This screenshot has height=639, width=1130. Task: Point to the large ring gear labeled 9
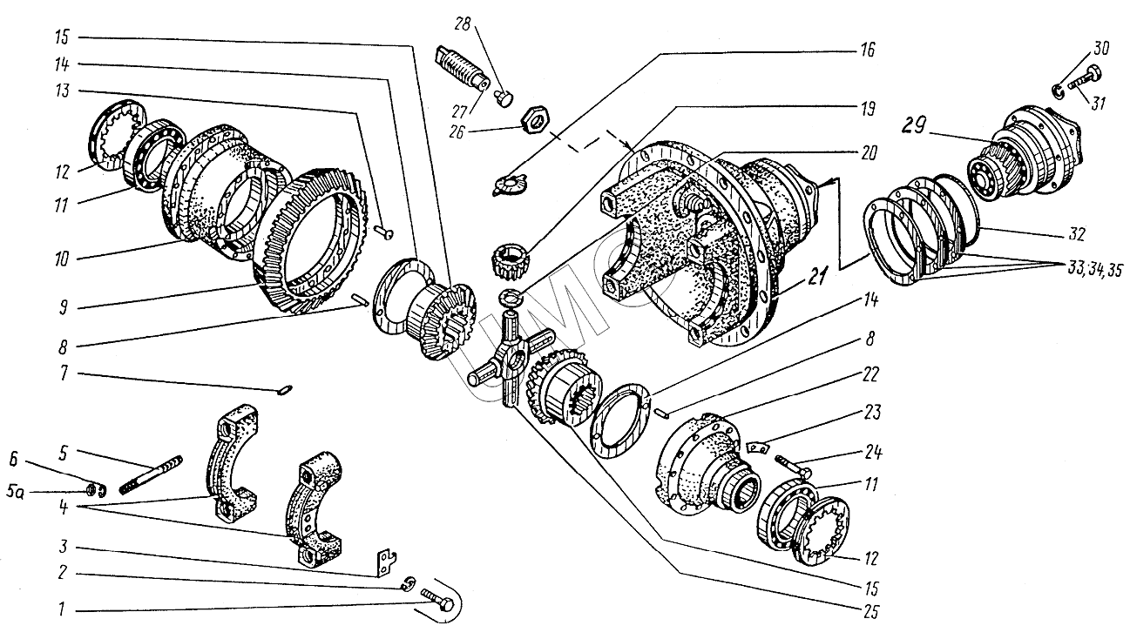[x=314, y=239]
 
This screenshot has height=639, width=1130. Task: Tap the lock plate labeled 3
[x=383, y=562]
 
